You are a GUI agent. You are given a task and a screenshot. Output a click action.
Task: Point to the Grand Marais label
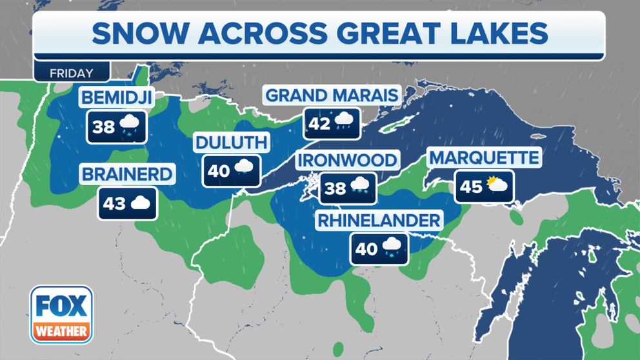click(332, 95)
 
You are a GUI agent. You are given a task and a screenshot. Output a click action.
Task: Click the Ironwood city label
click(347, 160)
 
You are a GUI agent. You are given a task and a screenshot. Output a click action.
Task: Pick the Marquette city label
click(484, 157)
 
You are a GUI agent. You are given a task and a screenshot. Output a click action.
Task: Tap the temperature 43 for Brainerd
click(114, 204)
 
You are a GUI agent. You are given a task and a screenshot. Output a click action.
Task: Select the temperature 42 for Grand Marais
click(319, 123)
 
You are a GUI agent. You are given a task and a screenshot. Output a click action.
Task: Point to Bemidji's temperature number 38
click(103, 126)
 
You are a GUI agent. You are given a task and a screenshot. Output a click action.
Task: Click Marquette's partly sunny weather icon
click(497, 186)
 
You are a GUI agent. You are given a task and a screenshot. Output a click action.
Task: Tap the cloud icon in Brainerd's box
click(141, 204)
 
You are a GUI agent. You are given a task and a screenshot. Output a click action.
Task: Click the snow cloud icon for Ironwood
click(359, 188)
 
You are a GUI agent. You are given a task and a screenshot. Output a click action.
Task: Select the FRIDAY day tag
click(72, 73)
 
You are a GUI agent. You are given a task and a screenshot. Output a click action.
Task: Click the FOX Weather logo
click(61, 314)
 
